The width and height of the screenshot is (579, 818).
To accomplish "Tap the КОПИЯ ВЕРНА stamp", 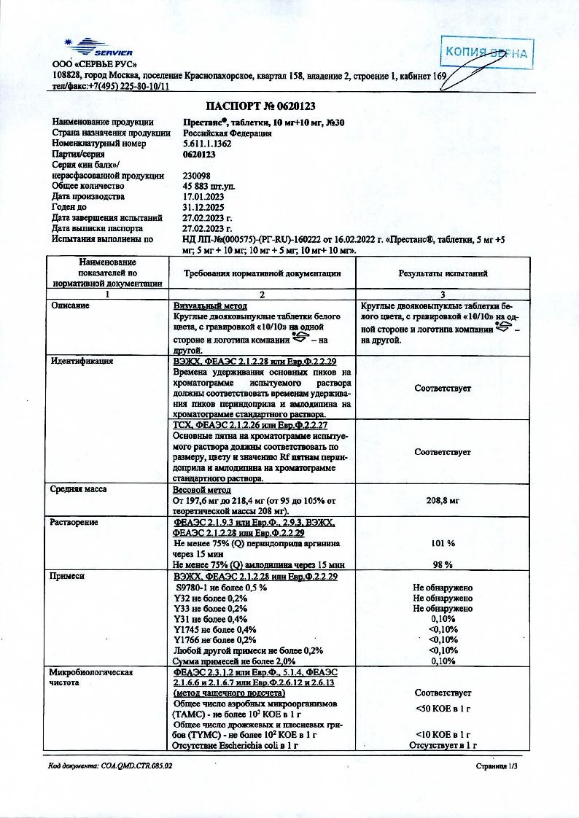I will click(x=489, y=54).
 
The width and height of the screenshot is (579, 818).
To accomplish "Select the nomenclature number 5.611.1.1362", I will click(x=208, y=144).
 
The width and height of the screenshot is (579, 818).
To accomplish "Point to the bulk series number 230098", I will click(x=197, y=176).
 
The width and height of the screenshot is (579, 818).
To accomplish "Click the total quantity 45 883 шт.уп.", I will click(x=211, y=186).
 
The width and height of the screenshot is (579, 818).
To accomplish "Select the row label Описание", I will click(x=71, y=305).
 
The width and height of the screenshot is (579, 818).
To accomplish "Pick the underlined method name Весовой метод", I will click(x=201, y=491).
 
